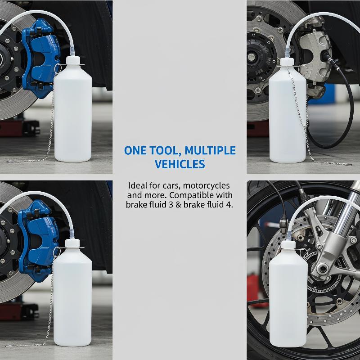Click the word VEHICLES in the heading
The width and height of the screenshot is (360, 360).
180,164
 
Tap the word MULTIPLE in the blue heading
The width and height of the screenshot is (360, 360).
210,151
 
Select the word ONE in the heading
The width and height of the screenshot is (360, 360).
135,151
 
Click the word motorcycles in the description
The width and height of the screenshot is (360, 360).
207,185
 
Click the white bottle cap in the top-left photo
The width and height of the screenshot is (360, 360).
73,61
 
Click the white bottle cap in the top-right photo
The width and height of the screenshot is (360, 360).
288,62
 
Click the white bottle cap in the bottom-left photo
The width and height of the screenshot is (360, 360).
72,243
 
